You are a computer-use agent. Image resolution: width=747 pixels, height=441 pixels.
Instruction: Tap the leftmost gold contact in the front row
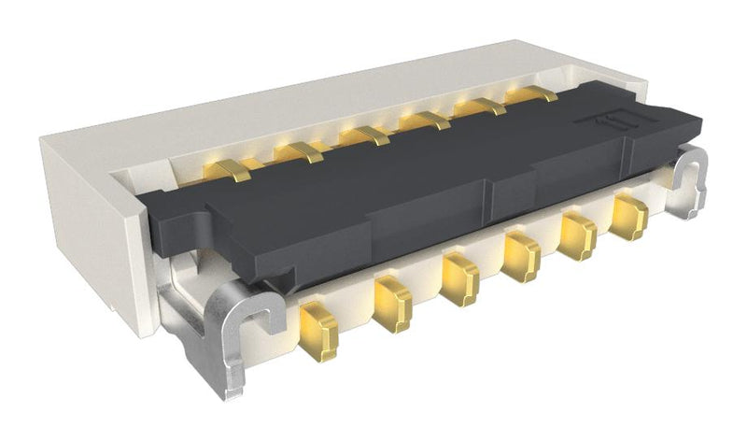point(319,334)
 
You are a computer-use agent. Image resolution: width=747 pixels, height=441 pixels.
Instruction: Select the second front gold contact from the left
point(393,304)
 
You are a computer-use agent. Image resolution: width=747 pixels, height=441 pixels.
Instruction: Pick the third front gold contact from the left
point(459,279)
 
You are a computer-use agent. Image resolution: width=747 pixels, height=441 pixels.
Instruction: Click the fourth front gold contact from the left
point(521,256)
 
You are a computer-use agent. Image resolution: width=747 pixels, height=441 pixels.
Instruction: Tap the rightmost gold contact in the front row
point(628,218)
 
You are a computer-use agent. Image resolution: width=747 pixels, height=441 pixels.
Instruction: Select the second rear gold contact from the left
point(299,152)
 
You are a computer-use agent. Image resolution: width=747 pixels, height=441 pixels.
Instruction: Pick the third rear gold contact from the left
point(364,135)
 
